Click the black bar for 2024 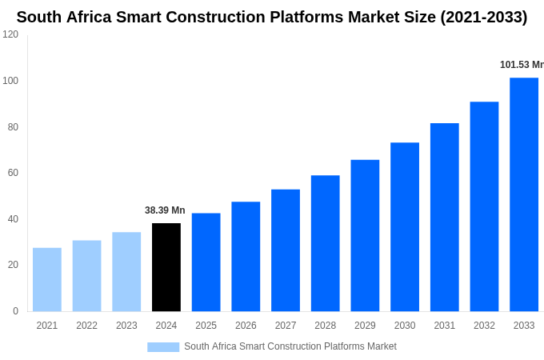tap(166, 267)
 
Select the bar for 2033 tap(524, 194)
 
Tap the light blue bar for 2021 tap(47, 279)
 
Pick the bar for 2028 tap(326, 243)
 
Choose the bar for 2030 tap(405, 227)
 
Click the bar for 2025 tap(206, 262)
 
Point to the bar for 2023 tap(126, 272)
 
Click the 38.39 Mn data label tap(165, 210)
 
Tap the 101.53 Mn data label tap(522, 65)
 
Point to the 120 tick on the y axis tap(10, 34)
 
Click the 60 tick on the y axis tap(13, 173)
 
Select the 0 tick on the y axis tap(15, 311)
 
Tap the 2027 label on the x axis tap(286, 326)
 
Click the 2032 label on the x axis tap(484, 326)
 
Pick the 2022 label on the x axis tap(86, 326)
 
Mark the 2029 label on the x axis tap(365, 326)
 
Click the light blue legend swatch tap(163, 346)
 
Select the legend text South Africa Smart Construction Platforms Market tap(290, 346)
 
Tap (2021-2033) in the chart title tap(484, 17)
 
